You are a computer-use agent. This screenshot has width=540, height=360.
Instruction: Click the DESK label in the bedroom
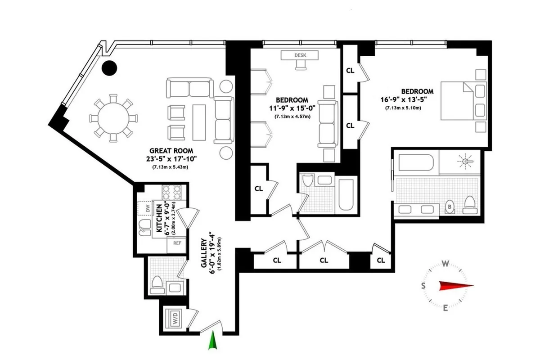[x=300, y=55]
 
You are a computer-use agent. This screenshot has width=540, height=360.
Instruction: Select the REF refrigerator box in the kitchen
[x=177, y=243]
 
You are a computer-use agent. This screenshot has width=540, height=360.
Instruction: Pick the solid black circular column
[x=109, y=68]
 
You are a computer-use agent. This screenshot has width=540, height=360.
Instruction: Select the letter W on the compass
[x=445, y=264]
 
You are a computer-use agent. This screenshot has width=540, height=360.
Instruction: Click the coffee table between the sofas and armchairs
[x=198, y=121]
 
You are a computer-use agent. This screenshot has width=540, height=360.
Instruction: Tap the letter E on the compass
[x=445, y=308]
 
